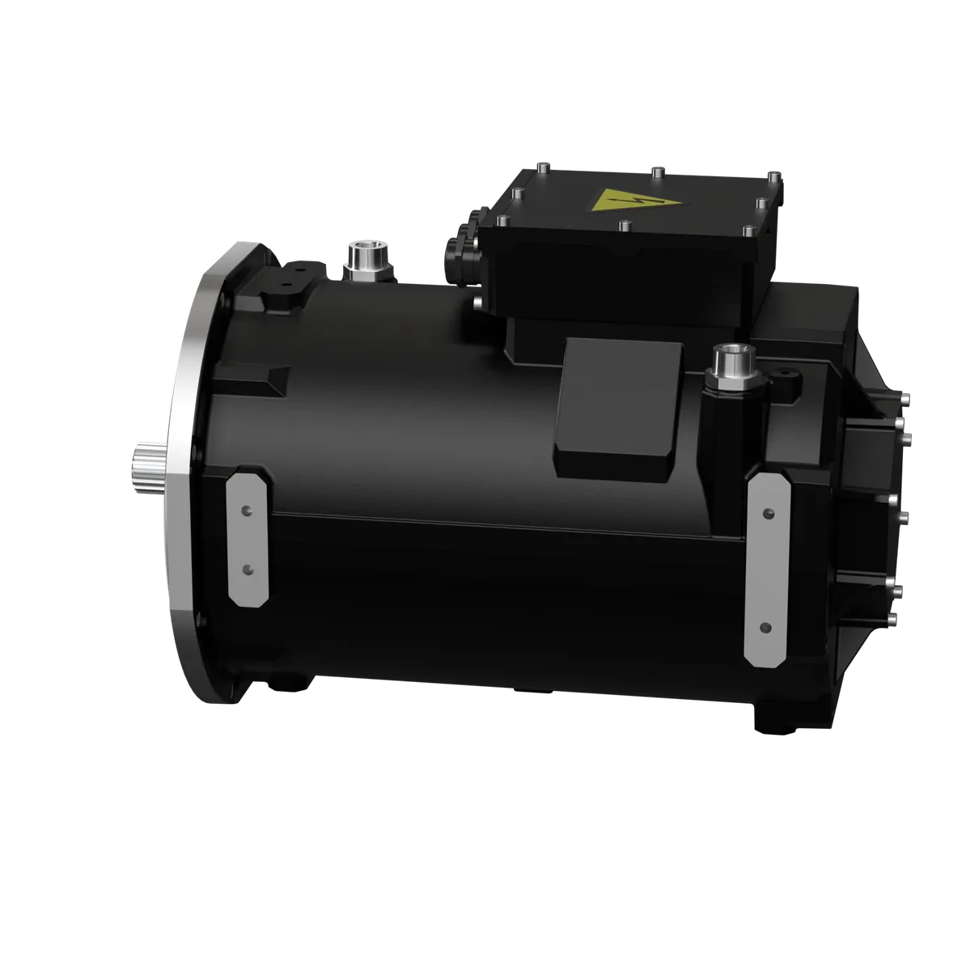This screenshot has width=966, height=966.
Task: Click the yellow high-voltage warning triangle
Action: click(625, 201)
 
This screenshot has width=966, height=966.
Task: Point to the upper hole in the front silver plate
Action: click(248, 511)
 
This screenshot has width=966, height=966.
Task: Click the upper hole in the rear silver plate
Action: click(766, 512)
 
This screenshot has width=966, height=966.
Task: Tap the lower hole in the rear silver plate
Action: click(766, 626)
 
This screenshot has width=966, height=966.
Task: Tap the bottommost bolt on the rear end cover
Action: click(892, 619)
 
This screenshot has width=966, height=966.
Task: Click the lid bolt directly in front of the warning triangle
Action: click(624, 227)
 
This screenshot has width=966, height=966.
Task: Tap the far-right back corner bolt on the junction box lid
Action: click(774, 177)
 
